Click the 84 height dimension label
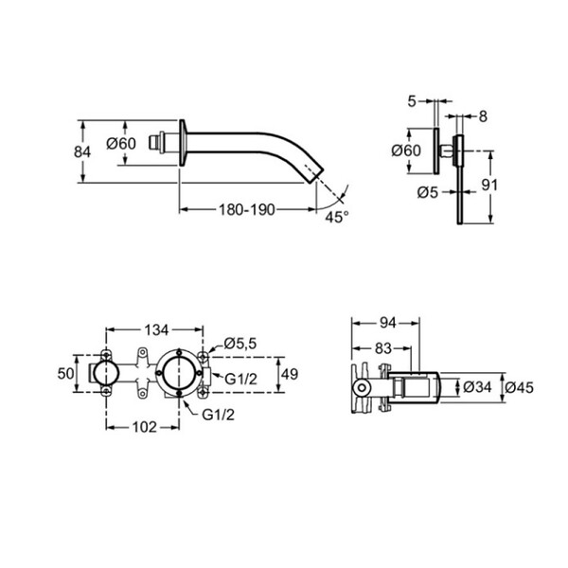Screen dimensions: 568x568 pos(82,151)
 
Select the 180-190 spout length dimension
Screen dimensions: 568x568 pos(247,209)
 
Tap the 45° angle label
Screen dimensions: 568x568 pos(337,217)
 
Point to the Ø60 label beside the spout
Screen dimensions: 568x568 pos(121,144)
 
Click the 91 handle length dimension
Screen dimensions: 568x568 pos(489,186)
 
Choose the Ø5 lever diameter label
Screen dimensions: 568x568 pos(428,192)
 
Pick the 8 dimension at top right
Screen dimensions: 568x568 pos(483,116)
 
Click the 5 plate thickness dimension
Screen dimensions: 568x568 pos(412,101)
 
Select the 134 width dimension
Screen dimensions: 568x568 pos(156,330)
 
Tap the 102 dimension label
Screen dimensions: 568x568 pos(145,428)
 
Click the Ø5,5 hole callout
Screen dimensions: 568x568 pos(240,343)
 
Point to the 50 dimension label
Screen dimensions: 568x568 pos(65,374)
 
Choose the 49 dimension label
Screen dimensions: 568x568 pos(290,374)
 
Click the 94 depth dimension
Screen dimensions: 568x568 pos(387,323)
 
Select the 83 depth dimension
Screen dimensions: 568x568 pos(383,348)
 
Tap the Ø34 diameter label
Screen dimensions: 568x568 pos(477,387)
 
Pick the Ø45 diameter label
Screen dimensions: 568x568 pos(519,387)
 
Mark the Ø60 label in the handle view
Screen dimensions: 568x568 pos(406,151)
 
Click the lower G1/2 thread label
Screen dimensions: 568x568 pos(218,416)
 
